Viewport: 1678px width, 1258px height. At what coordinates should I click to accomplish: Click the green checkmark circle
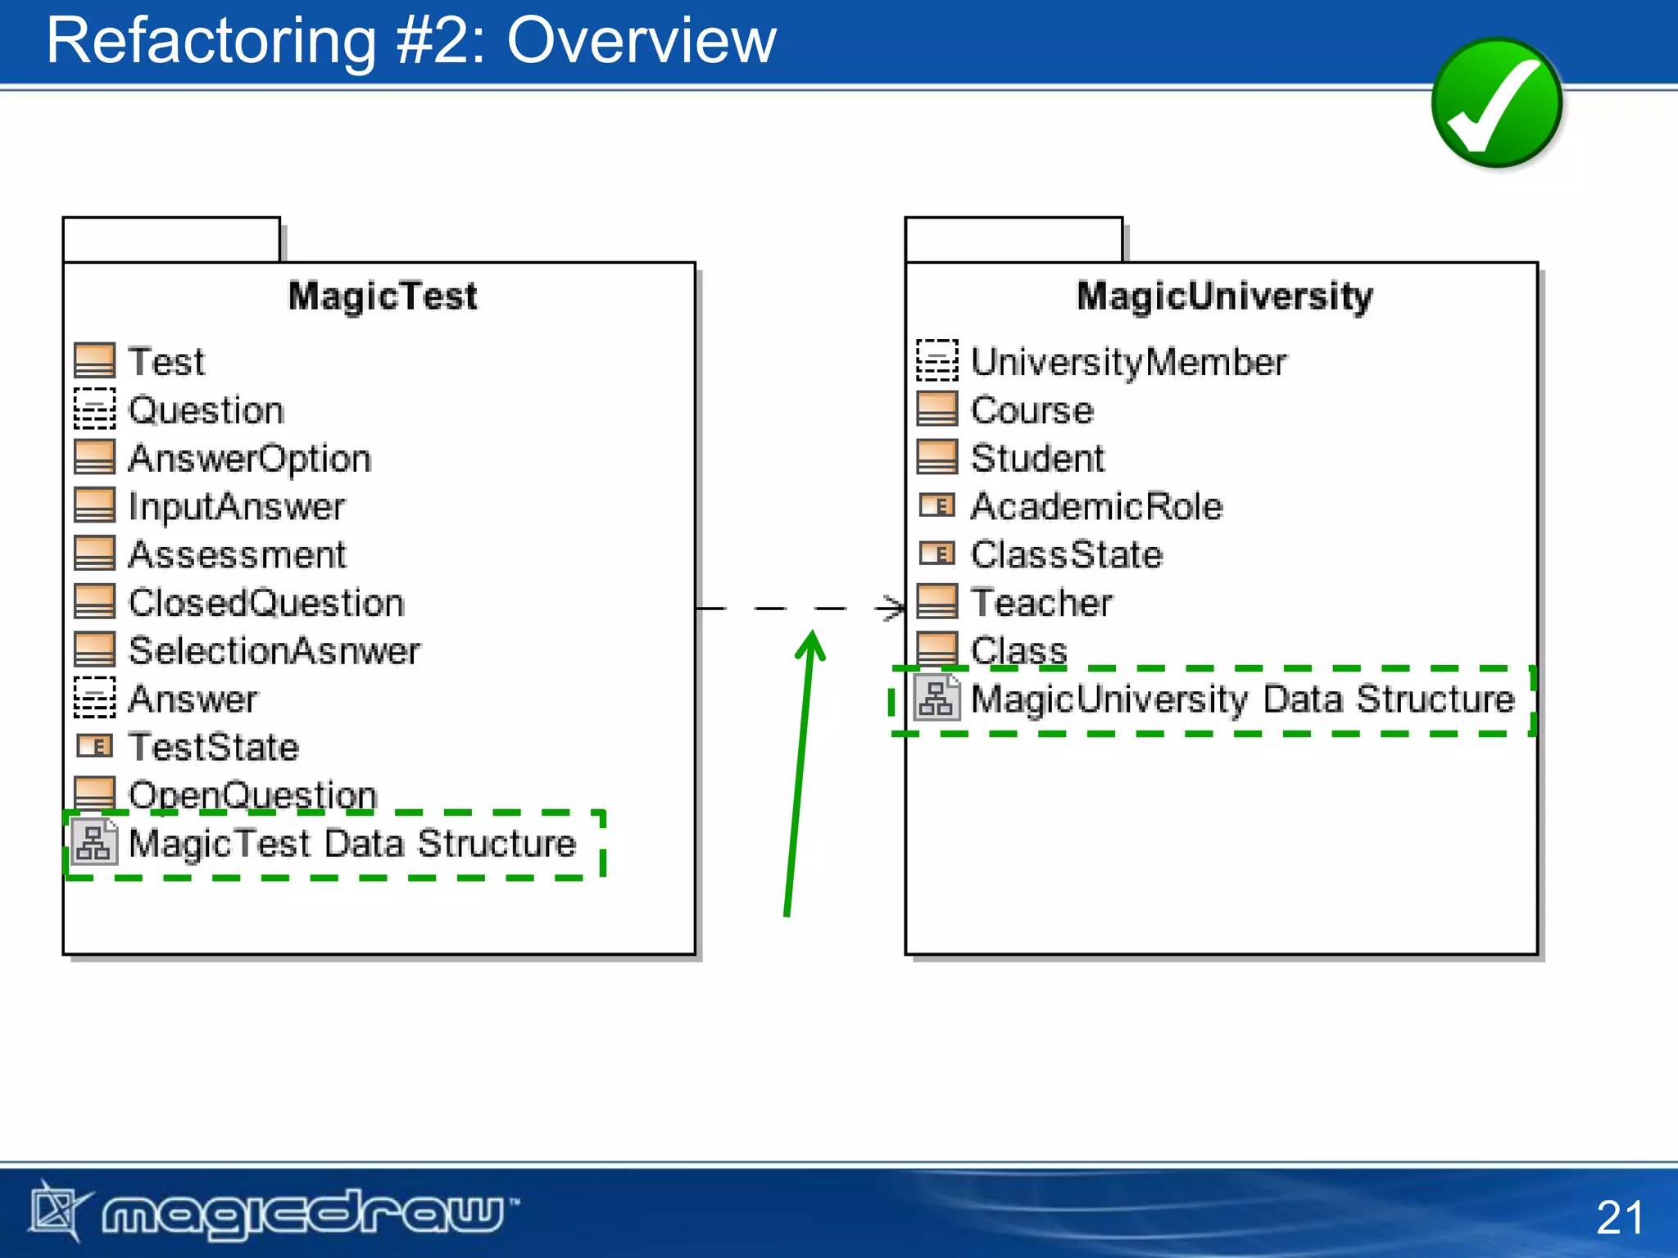click(x=1496, y=103)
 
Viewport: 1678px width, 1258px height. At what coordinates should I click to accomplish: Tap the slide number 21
click(x=1619, y=1217)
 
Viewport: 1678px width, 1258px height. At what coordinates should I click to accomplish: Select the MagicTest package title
click(x=383, y=296)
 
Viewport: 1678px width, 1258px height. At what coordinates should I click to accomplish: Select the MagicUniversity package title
click(x=1224, y=296)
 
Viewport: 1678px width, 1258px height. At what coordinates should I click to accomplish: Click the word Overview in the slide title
click(x=641, y=41)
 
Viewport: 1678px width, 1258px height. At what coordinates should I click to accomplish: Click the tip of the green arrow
click(x=812, y=633)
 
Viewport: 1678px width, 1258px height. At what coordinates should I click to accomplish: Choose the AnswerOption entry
click(x=250, y=458)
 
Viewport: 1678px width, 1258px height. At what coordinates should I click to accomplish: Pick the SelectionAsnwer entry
click(x=274, y=651)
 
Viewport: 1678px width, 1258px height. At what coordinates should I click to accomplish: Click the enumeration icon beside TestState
click(x=95, y=746)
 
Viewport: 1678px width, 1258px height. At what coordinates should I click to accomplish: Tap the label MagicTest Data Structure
click(x=352, y=844)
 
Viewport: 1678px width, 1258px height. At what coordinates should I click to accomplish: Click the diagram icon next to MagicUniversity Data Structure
click(x=936, y=699)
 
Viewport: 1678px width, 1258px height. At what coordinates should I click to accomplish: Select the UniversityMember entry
click(x=1128, y=362)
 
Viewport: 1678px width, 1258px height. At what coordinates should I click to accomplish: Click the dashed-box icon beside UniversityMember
click(x=937, y=360)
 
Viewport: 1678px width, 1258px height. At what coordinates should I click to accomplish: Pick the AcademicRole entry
click(x=1096, y=506)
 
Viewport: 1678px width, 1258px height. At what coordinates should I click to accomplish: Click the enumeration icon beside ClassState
click(x=937, y=554)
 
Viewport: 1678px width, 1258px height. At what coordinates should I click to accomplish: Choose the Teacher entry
click(x=1041, y=603)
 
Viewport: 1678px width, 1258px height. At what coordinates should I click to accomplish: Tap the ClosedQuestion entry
click(x=266, y=603)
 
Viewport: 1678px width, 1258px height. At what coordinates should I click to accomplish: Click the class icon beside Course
click(x=937, y=409)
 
